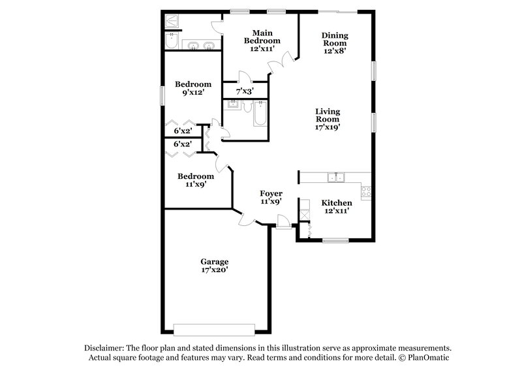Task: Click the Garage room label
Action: pyautogui.click(x=214, y=262)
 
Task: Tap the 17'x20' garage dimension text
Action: pyautogui.click(x=214, y=270)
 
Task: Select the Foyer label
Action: pyautogui.click(x=271, y=193)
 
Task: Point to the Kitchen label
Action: pyautogui.click(x=337, y=203)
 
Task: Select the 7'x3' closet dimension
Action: pyautogui.click(x=245, y=91)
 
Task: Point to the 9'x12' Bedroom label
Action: pyautogui.click(x=193, y=84)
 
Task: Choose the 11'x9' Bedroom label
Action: pyautogui.click(x=196, y=176)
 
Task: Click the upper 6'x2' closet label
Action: pyautogui.click(x=183, y=131)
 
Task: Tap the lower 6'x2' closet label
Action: pyautogui.click(x=183, y=144)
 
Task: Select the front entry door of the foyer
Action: pyautogui.click(x=284, y=225)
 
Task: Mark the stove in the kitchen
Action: pyautogui.click(x=366, y=192)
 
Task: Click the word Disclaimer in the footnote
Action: pyautogui.click(x=104, y=348)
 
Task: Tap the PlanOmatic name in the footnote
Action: pyautogui.click(x=429, y=358)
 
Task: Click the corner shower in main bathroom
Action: pyautogui.click(x=172, y=20)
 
